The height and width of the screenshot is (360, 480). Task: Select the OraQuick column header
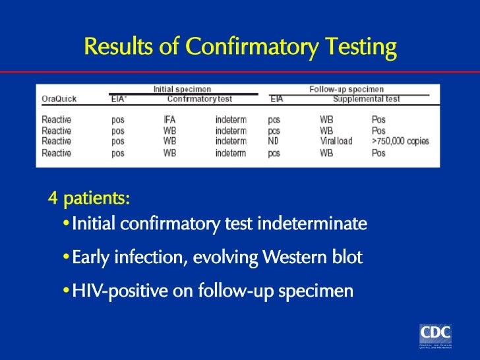tap(59, 99)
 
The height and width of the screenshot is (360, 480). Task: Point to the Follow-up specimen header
tap(346, 89)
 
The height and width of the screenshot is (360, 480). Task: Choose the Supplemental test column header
tap(366, 99)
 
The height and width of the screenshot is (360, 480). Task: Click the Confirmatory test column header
tap(199, 99)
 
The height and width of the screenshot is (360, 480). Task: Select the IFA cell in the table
tap(169, 120)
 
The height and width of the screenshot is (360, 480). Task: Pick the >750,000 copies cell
tap(400, 141)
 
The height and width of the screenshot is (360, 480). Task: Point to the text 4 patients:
tap(89, 198)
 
